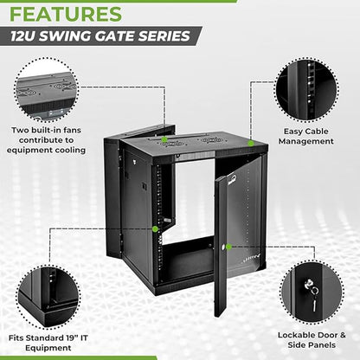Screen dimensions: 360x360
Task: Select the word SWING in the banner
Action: (82, 36)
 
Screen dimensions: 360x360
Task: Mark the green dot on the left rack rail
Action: (156, 228)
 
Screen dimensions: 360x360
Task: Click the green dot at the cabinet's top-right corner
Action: (249, 143)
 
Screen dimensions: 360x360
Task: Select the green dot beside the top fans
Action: (164, 138)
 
